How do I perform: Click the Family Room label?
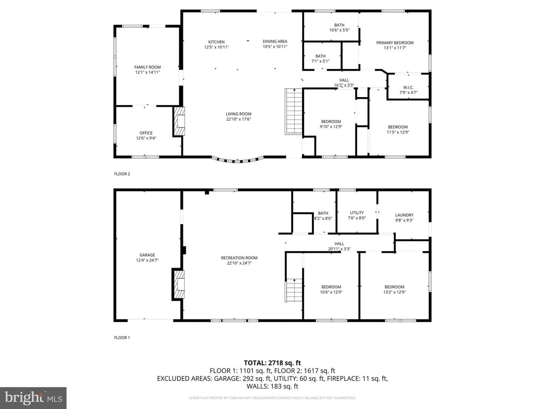click(x=148, y=67)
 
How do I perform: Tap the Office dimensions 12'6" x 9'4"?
click(x=146, y=138)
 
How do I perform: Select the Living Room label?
click(x=238, y=114)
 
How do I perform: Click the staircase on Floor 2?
click(x=293, y=111)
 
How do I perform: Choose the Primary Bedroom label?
click(x=395, y=43)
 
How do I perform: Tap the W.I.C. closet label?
click(x=408, y=87)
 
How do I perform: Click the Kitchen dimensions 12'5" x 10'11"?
click(x=216, y=47)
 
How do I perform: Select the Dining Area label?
click(x=275, y=42)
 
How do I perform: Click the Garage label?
click(x=147, y=255)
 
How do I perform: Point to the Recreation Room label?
click(x=239, y=258)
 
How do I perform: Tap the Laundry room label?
click(x=404, y=215)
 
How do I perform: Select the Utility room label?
click(x=357, y=213)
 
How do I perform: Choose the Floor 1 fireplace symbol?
click(x=179, y=284)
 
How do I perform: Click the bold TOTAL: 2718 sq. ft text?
click(x=272, y=363)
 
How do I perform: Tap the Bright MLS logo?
click(x=33, y=398)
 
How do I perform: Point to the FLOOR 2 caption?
click(x=122, y=174)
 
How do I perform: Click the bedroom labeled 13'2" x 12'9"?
click(x=394, y=290)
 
